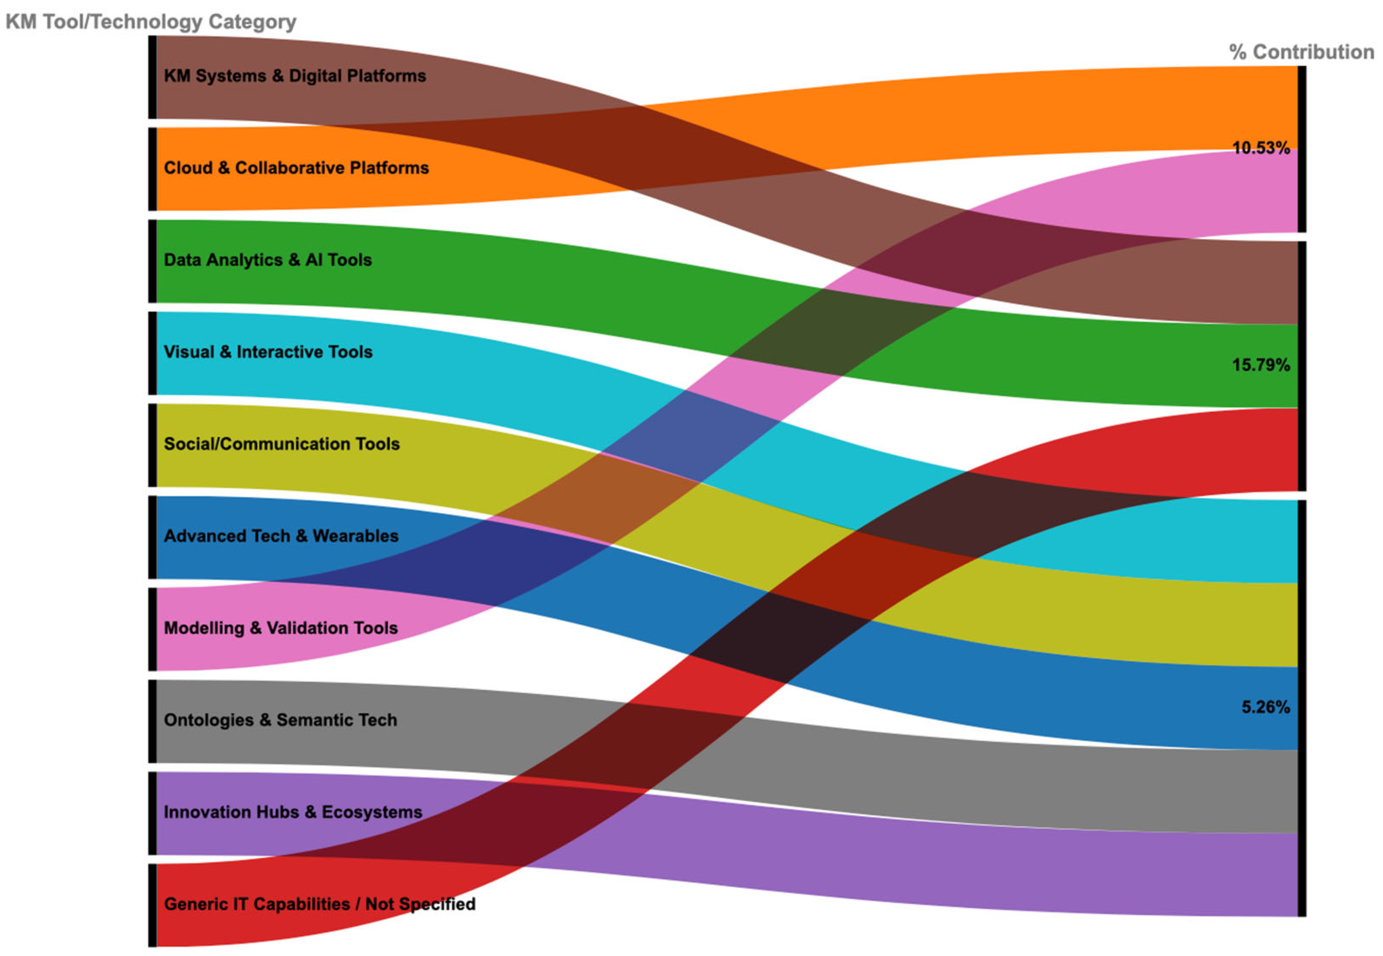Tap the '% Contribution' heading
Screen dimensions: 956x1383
click(x=1301, y=52)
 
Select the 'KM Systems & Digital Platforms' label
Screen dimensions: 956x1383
click(x=295, y=76)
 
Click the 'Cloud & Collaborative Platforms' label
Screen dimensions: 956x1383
click(x=296, y=168)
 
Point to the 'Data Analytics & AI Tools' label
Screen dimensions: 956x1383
click(x=268, y=260)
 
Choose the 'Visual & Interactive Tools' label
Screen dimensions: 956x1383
click(x=268, y=352)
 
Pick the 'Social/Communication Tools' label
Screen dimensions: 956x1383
click(x=282, y=444)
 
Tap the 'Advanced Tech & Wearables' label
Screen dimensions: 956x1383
click(x=281, y=536)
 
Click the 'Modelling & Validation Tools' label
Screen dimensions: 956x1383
click(x=280, y=628)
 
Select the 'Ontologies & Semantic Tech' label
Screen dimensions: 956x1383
click(x=280, y=720)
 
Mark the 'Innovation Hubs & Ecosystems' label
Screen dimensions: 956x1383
click(x=293, y=812)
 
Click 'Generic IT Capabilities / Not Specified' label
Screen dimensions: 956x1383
click(x=319, y=904)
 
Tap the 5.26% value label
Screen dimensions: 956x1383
click(x=1265, y=707)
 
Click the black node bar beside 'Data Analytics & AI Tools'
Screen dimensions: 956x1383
click(x=153, y=261)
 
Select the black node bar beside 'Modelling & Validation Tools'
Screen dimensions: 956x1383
click(x=153, y=629)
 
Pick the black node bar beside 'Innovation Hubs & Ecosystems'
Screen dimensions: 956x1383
click(x=153, y=813)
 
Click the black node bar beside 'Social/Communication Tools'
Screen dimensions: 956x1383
click(x=153, y=445)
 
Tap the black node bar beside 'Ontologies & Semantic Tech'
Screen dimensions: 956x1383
click(x=153, y=721)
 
